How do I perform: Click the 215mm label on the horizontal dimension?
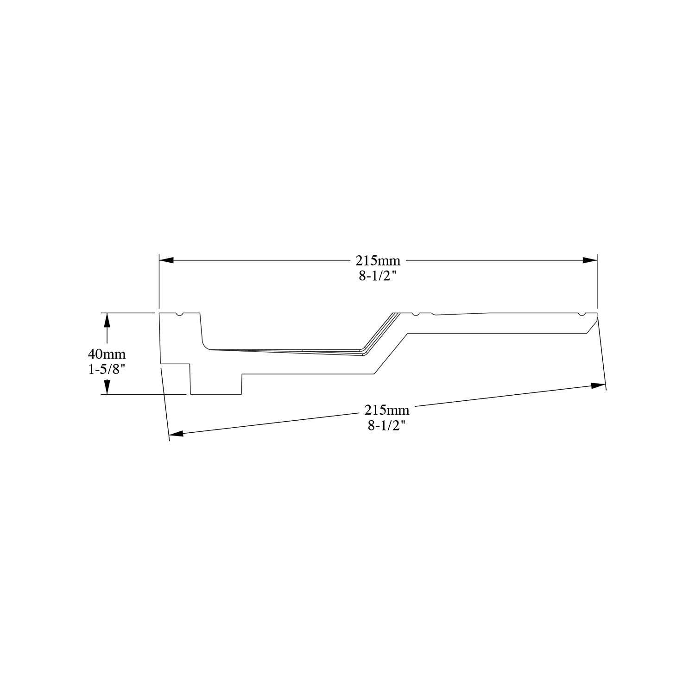pyautogui.click(x=378, y=261)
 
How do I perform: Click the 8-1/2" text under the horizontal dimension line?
pyautogui.click(x=378, y=277)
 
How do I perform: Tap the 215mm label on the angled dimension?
pyautogui.click(x=386, y=410)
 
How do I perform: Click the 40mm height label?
pyautogui.click(x=107, y=354)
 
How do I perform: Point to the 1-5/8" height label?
pyautogui.click(x=107, y=370)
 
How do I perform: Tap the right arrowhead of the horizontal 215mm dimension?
pyautogui.click(x=590, y=260)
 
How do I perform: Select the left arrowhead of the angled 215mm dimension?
pyautogui.click(x=176, y=434)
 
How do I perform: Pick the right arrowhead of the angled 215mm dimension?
pyautogui.click(x=598, y=385)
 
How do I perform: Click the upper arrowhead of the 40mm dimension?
pyautogui.click(x=107, y=320)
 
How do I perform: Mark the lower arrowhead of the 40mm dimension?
pyautogui.click(x=107, y=387)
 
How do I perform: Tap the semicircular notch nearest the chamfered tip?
pyautogui.click(x=581, y=315)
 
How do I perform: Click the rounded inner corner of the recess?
pyautogui.click(x=205, y=345)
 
